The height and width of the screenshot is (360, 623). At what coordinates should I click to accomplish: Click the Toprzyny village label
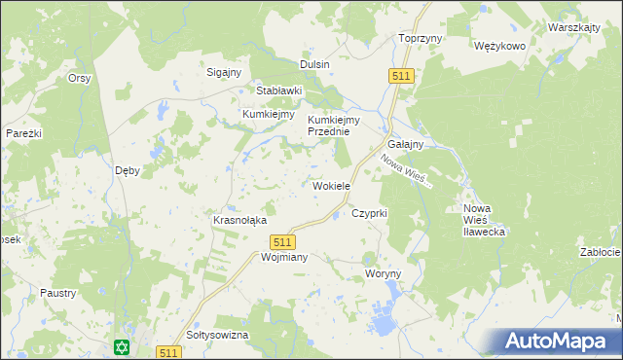(x=421, y=38)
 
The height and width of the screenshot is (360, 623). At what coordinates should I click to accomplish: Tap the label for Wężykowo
(x=499, y=46)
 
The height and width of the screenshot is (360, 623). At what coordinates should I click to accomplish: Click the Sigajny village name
(x=225, y=72)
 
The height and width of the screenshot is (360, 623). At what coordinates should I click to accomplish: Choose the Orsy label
(x=79, y=78)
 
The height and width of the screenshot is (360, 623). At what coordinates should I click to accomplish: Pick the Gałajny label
(x=405, y=144)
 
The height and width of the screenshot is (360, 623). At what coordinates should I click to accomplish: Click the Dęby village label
(x=128, y=169)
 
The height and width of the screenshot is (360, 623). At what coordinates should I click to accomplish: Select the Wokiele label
(x=331, y=186)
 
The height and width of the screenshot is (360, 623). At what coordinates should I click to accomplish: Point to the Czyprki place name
(x=370, y=212)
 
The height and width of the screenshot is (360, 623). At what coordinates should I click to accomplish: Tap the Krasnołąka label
(x=239, y=220)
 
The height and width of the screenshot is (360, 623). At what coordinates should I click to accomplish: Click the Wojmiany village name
(x=258, y=258)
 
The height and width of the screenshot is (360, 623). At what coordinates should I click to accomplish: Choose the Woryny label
(x=383, y=274)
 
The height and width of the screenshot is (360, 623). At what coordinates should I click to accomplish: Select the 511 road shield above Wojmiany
(x=282, y=241)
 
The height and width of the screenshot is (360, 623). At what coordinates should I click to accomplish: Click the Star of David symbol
(x=122, y=346)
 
